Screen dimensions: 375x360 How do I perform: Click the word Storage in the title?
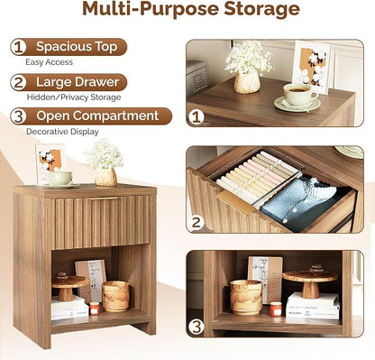261,9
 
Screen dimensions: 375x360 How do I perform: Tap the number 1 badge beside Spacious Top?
18,47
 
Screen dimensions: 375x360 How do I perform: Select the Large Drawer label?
78,82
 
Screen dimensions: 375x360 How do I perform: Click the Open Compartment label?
97,115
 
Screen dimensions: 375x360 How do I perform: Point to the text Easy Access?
49,62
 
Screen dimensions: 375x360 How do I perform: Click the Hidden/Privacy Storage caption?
74,97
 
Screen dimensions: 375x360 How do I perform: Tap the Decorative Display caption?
62,132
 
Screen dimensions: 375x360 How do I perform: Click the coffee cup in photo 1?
300,94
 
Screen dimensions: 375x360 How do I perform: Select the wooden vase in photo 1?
247,82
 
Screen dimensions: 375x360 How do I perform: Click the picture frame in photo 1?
313,67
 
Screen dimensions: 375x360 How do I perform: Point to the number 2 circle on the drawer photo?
196,222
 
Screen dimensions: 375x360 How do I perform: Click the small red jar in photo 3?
275,309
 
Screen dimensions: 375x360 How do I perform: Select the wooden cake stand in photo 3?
310,282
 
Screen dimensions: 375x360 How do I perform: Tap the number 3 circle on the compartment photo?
197,327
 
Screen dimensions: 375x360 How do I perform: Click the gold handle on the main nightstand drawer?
105,198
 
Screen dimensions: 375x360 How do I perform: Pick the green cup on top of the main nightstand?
60,178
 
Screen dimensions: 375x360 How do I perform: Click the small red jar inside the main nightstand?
95,309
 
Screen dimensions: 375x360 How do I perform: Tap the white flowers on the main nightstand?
104,155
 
